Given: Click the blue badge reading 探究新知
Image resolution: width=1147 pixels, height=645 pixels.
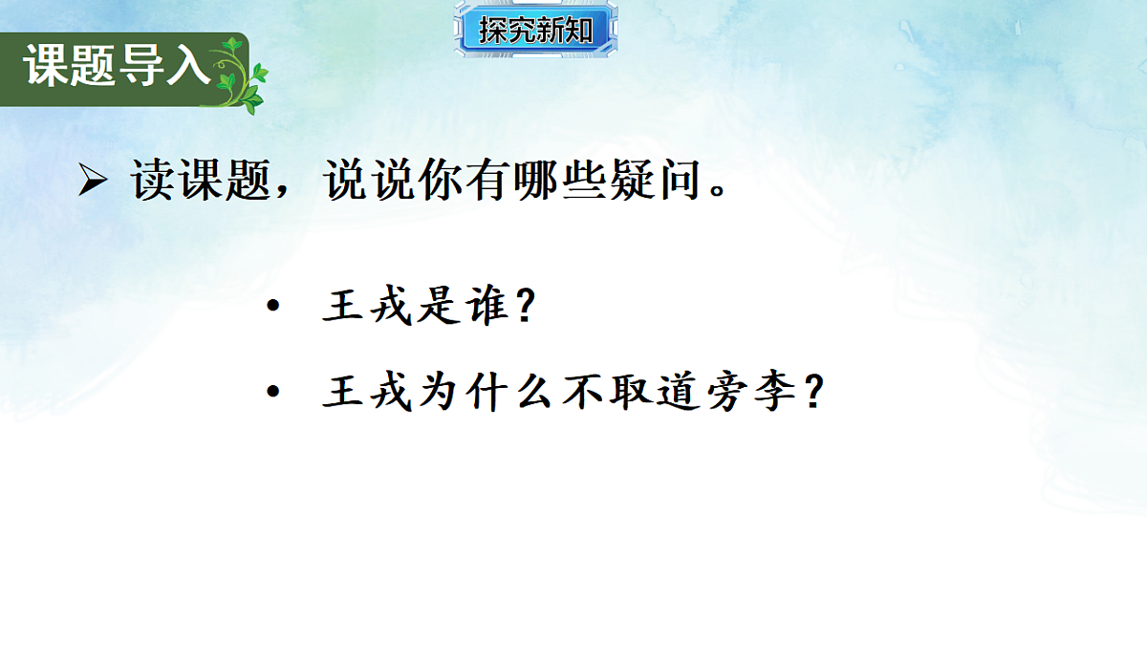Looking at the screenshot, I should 535,30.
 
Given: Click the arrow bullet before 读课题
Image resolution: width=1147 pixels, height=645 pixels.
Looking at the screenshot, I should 92,181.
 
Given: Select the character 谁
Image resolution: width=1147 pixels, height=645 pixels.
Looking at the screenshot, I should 490,308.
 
